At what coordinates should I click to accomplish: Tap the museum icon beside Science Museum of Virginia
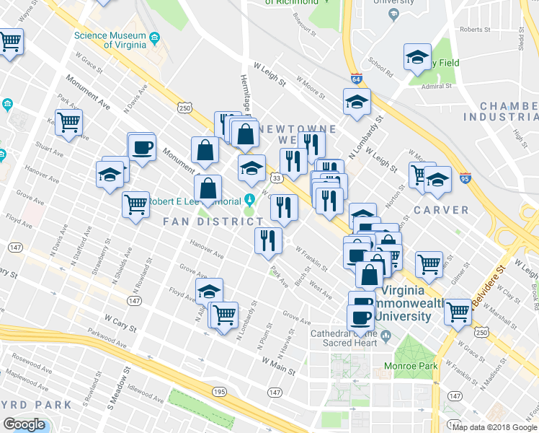tap(154, 38)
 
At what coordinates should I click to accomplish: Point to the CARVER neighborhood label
tap(441, 210)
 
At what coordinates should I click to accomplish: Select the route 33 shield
tap(276, 178)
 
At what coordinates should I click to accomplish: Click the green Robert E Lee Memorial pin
tap(250, 199)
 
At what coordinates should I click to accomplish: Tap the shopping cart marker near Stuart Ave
tap(68, 122)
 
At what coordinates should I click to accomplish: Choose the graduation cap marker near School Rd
tap(416, 58)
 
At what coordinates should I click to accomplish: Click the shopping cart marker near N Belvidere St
tap(458, 312)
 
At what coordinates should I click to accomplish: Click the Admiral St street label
tap(437, 85)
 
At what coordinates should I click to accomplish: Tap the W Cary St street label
tap(120, 323)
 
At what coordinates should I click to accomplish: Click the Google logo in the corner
tap(24, 424)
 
